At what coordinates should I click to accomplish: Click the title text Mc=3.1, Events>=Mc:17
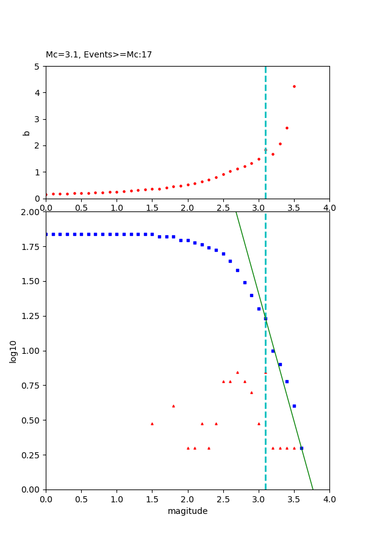[x=99, y=55]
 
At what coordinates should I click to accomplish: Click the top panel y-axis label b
[x=26, y=133]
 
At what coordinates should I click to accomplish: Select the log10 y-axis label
[x=13, y=351]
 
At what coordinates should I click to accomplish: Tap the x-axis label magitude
[x=187, y=512]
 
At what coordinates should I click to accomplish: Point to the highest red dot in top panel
[x=294, y=86]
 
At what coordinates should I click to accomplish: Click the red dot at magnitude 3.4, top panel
[x=287, y=128]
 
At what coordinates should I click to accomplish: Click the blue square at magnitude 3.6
[x=301, y=448]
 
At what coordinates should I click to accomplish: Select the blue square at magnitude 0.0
[x=46, y=234]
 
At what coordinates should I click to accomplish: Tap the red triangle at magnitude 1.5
[x=152, y=424]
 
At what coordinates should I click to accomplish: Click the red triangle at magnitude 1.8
[x=173, y=406]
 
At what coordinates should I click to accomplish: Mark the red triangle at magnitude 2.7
[x=237, y=372]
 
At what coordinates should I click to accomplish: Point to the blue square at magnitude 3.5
[x=294, y=406]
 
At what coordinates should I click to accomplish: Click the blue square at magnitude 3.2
[x=273, y=351]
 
